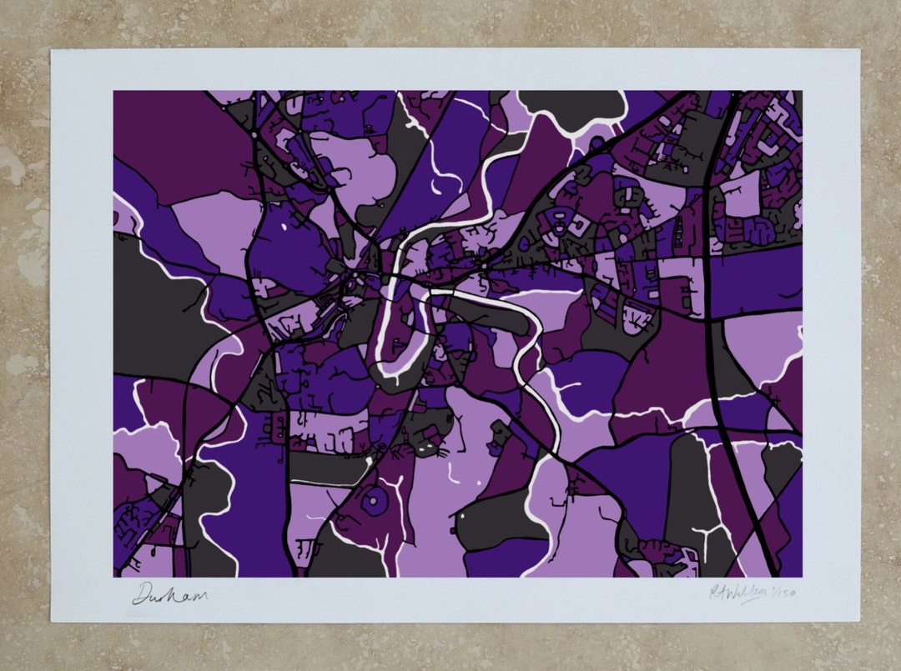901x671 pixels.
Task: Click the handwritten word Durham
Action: click(169, 595)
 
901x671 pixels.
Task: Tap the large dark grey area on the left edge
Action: click(154, 308)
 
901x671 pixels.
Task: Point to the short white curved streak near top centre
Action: click(433, 178)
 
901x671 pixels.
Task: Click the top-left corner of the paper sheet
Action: click(52, 50)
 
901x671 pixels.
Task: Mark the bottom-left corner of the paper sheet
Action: click(52, 622)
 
